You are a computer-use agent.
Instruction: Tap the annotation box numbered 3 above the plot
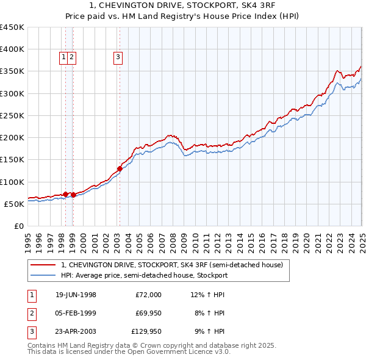pos(118,58)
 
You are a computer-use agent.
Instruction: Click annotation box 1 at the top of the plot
pos(64,58)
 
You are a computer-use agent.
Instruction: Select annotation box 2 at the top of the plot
pos(72,58)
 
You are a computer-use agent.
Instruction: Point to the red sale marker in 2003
pos(120,168)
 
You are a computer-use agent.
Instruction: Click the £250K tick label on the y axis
pos(12,115)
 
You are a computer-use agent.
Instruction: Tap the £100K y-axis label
pos(12,182)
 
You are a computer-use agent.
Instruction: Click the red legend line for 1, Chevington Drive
pos(43,265)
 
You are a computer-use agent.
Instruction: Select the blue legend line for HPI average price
pos(43,275)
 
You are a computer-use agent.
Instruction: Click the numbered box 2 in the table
pos(31,314)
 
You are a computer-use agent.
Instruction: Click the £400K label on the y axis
pos(12,49)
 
